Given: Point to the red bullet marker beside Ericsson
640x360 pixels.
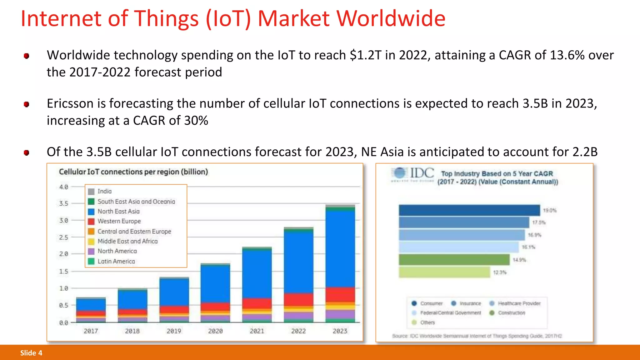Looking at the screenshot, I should [27, 104].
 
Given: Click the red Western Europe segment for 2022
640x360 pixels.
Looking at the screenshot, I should [298, 299].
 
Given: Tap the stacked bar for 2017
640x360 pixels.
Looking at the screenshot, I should [91, 309].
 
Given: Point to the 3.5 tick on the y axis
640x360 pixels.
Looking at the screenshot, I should [64, 203].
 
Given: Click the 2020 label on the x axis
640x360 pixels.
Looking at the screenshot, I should [215, 331].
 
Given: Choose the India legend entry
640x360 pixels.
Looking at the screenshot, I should [104, 191].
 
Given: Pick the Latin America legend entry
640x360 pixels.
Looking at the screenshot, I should [116, 261].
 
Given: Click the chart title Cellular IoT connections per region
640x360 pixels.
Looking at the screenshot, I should [133, 172].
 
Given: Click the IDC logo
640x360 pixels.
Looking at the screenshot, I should [413, 173].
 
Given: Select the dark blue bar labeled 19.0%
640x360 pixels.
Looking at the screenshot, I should [469, 210].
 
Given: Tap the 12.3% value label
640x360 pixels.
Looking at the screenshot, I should [499, 272].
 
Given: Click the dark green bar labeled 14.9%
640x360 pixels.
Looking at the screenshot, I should [454, 260].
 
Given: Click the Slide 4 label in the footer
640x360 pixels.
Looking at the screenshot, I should [31, 353].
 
